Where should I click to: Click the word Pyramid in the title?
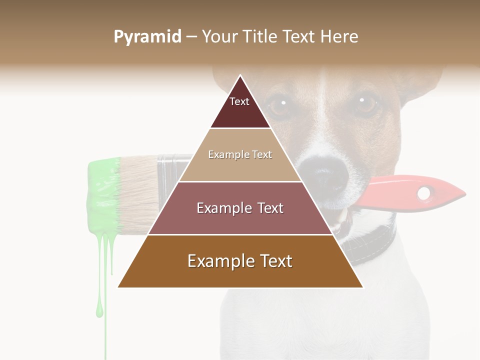147,37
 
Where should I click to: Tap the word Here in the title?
339,37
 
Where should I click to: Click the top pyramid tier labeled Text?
239,105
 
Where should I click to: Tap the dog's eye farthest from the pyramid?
367,103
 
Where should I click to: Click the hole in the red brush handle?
424,192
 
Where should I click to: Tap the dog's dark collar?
372,245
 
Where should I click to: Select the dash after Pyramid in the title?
191,37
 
